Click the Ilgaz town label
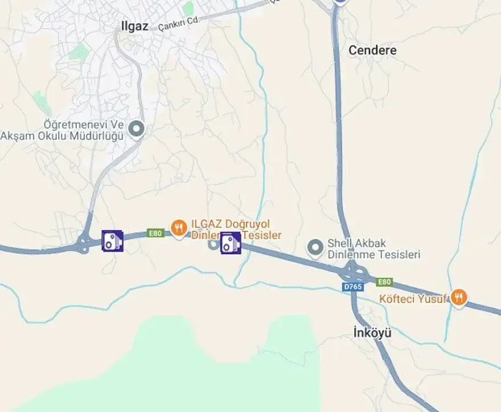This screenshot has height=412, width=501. point(135,26)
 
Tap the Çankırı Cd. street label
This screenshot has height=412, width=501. point(178,23)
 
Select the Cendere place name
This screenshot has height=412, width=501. point(372,50)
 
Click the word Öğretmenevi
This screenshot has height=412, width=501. point(83,124)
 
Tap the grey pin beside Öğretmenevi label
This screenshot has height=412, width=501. point(136,129)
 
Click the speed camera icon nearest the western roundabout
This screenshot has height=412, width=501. point(112,240)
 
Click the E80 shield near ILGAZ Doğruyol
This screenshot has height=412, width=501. point(155,233)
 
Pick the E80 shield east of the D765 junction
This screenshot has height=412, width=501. point(384,282)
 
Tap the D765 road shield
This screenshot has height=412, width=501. point(353,287)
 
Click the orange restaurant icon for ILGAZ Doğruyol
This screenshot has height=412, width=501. point(179,229)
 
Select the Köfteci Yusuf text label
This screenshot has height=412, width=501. point(413,299)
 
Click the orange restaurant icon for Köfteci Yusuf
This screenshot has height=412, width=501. point(458,296)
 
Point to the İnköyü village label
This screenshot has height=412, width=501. point(372,333)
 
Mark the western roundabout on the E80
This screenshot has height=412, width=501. point(84,245)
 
